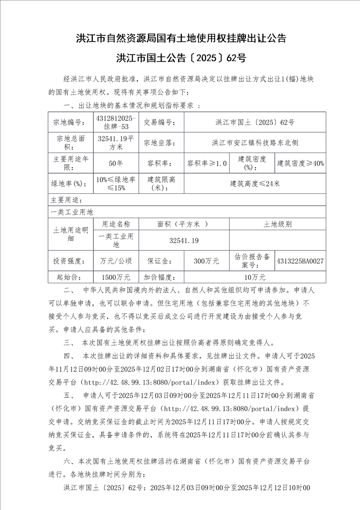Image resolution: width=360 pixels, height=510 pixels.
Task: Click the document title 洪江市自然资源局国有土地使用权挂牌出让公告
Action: (x=180, y=38)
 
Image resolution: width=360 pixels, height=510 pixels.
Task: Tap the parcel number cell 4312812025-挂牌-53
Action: (x=116, y=122)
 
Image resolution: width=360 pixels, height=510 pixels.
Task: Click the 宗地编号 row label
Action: (x=70, y=122)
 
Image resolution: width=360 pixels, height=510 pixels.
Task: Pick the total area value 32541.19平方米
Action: (x=116, y=142)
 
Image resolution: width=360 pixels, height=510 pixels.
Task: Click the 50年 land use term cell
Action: (x=116, y=163)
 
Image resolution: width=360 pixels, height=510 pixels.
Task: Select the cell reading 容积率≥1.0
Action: (x=207, y=163)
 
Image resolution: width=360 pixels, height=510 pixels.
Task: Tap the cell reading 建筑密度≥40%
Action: (x=300, y=163)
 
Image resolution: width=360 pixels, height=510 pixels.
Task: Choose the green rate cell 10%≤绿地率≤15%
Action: (x=116, y=183)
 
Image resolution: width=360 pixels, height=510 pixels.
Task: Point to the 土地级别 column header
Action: (x=277, y=224)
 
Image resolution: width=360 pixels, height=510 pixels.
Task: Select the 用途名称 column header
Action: (x=116, y=224)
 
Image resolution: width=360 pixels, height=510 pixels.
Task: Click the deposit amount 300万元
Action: (x=207, y=261)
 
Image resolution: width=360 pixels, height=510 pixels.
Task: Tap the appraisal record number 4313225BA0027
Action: (x=300, y=261)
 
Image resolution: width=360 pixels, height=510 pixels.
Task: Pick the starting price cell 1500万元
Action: (x=116, y=277)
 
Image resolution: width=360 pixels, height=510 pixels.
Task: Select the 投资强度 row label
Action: (x=70, y=261)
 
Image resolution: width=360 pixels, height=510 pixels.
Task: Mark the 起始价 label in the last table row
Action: (x=70, y=277)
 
